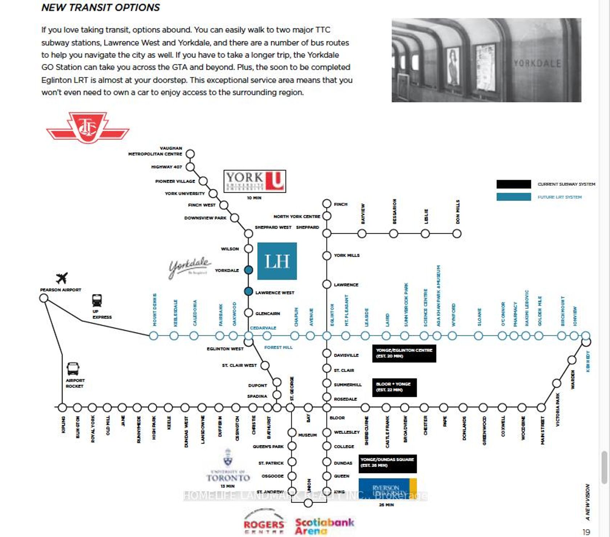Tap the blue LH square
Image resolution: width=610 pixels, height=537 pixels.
point(277,261)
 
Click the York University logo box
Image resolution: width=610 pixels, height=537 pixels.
point(255,181)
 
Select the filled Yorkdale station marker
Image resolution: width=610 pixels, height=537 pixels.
point(248,270)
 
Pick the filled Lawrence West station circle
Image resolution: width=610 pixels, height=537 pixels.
point(248,291)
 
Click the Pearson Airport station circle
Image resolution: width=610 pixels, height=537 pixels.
point(44,298)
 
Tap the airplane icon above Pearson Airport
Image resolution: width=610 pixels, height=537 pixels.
point(62,278)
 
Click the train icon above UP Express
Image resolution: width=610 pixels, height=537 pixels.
point(97,300)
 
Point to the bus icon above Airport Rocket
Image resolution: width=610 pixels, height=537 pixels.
point(73,369)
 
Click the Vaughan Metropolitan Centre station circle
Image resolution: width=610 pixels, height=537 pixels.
point(190,154)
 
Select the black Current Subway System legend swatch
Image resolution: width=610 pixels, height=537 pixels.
point(513,184)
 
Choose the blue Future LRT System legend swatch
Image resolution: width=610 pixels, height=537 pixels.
point(513,197)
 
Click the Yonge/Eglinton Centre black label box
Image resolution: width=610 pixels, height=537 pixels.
point(404,353)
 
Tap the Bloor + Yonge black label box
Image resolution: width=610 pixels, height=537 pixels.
point(394,387)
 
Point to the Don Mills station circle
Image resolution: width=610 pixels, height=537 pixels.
point(457,234)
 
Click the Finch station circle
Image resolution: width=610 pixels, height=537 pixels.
point(327,203)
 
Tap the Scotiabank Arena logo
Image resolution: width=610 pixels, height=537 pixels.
point(324,526)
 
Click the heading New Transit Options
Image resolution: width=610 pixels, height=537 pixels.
point(101,8)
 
